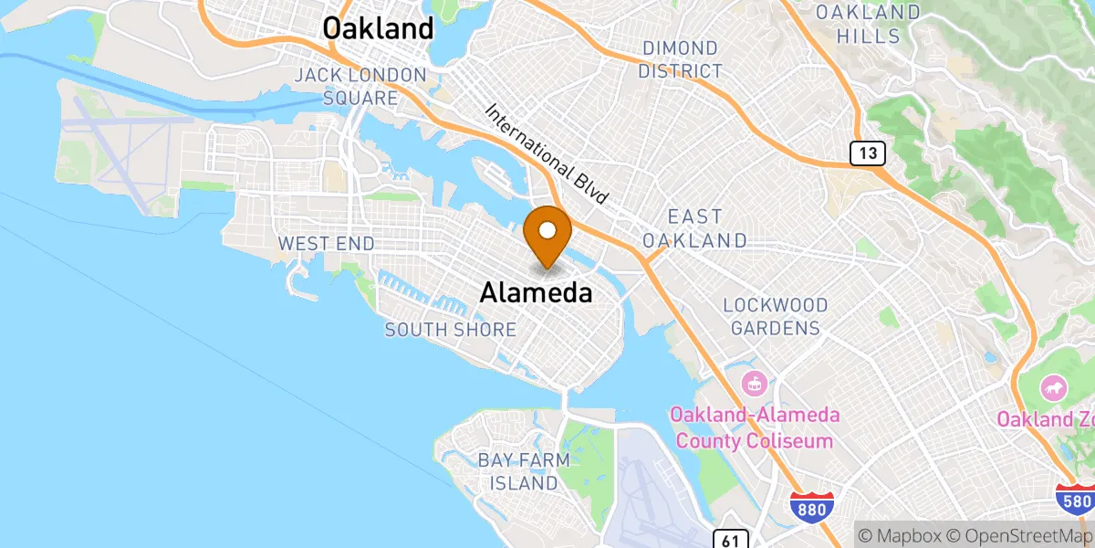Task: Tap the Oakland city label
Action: pos(379,28)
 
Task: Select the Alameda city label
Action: pos(536,292)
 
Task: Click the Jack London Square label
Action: pos(360,86)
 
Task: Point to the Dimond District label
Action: pos(681,58)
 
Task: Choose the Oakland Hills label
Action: pos(868,25)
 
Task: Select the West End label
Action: pos(326,243)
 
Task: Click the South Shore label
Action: pos(451,330)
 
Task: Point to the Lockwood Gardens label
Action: pos(776,316)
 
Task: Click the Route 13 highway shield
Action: pos(868,153)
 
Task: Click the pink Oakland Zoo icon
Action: pos(1053,388)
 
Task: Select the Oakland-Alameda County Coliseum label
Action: pos(754,427)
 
